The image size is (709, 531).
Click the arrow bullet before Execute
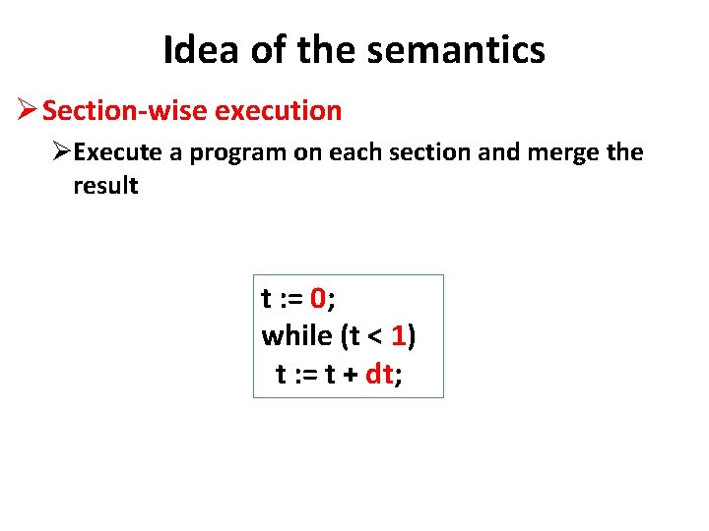(x=62, y=152)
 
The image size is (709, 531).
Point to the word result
(x=105, y=185)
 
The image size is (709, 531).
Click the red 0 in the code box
(x=318, y=298)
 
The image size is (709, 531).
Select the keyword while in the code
(x=296, y=336)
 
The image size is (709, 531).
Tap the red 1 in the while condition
(x=398, y=336)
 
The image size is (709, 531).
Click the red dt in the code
(x=379, y=374)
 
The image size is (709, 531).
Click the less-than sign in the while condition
(x=375, y=337)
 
